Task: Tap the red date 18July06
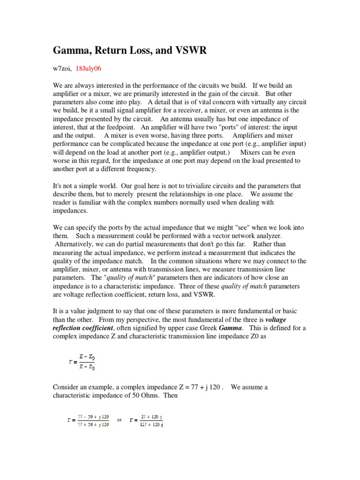pos(88,68)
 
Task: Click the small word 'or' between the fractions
pos(120,420)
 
